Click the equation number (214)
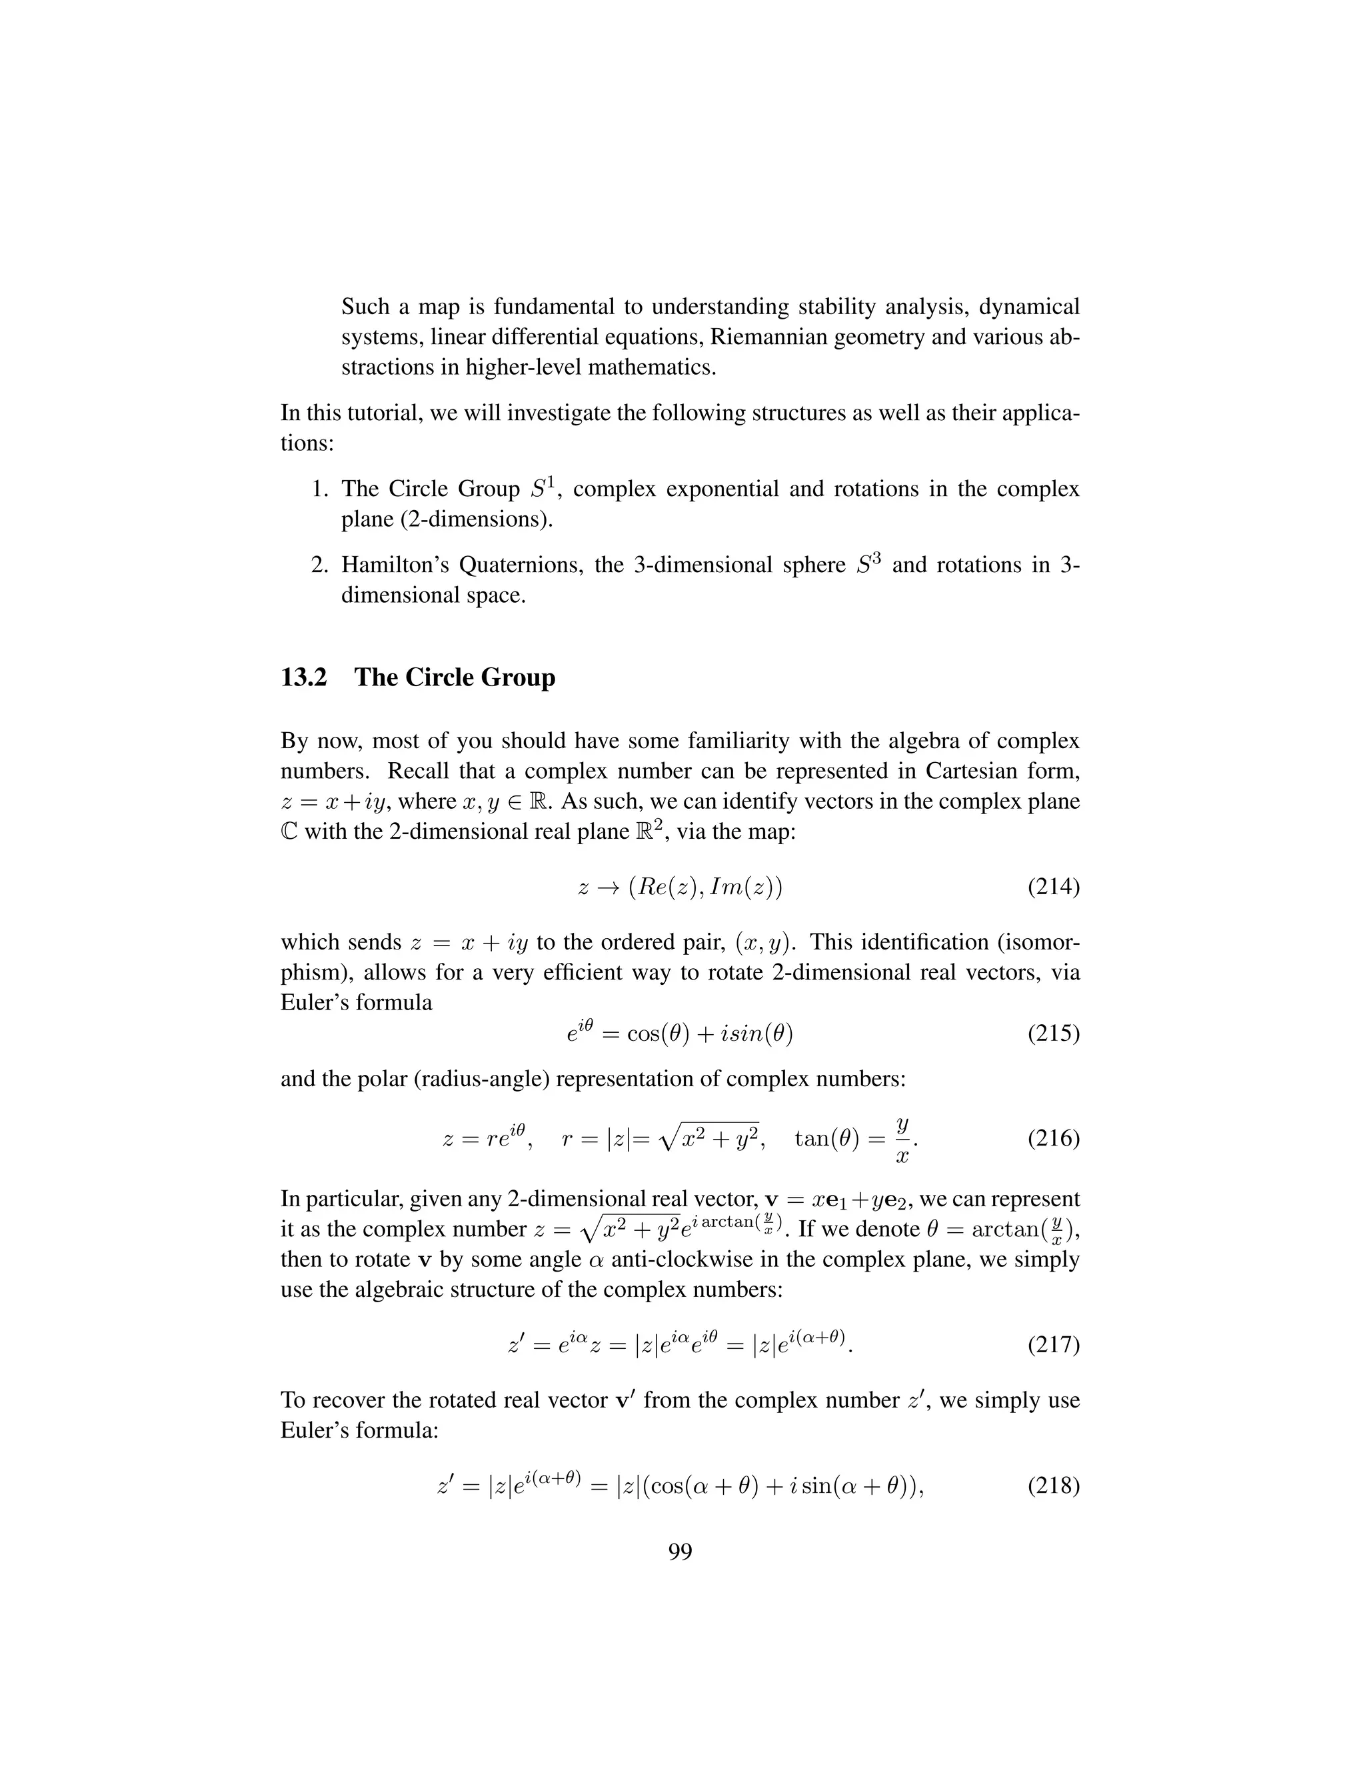(x=1053, y=888)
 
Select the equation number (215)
(x=1053, y=1033)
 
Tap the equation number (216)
(x=1053, y=1139)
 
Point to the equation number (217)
(x=1053, y=1346)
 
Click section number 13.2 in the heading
(x=303, y=677)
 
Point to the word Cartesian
(x=970, y=771)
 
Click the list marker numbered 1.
(x=319, y=489)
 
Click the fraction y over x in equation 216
(x=902, y=1139)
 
